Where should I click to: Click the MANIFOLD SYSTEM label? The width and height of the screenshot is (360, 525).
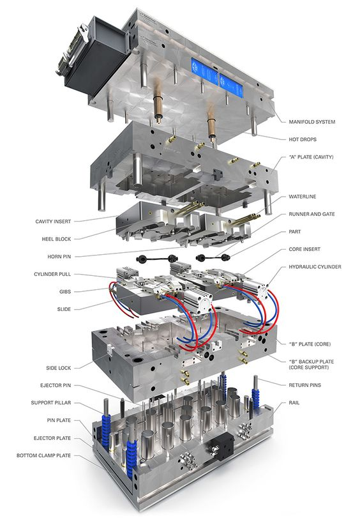point(312,122)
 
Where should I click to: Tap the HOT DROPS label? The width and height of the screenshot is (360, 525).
point(303,139)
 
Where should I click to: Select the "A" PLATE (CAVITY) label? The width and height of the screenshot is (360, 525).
point(311,156)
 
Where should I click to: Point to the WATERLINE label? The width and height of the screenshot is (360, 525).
point(303,197)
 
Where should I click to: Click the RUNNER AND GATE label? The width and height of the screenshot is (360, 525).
point(311,214)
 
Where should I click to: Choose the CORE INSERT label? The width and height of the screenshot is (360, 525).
point(304,249)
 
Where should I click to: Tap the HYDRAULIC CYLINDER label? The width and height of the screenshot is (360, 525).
point(315,267)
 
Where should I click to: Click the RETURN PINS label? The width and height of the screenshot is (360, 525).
point(305,385)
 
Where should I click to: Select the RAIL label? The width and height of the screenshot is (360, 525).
point(294,403)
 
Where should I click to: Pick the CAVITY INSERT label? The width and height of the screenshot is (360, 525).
point(53,222)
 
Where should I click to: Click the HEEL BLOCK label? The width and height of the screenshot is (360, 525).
point(56,239)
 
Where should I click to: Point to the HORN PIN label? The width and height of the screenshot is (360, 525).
point(59,257)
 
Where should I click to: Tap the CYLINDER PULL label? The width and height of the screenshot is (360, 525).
point(52,274)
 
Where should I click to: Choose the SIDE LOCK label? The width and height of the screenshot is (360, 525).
point(59,368)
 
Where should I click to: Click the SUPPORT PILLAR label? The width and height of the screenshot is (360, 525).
point(51,403)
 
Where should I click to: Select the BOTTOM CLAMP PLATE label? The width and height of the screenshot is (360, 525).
point(44,455)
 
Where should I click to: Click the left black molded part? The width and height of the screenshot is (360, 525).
point(157,258)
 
